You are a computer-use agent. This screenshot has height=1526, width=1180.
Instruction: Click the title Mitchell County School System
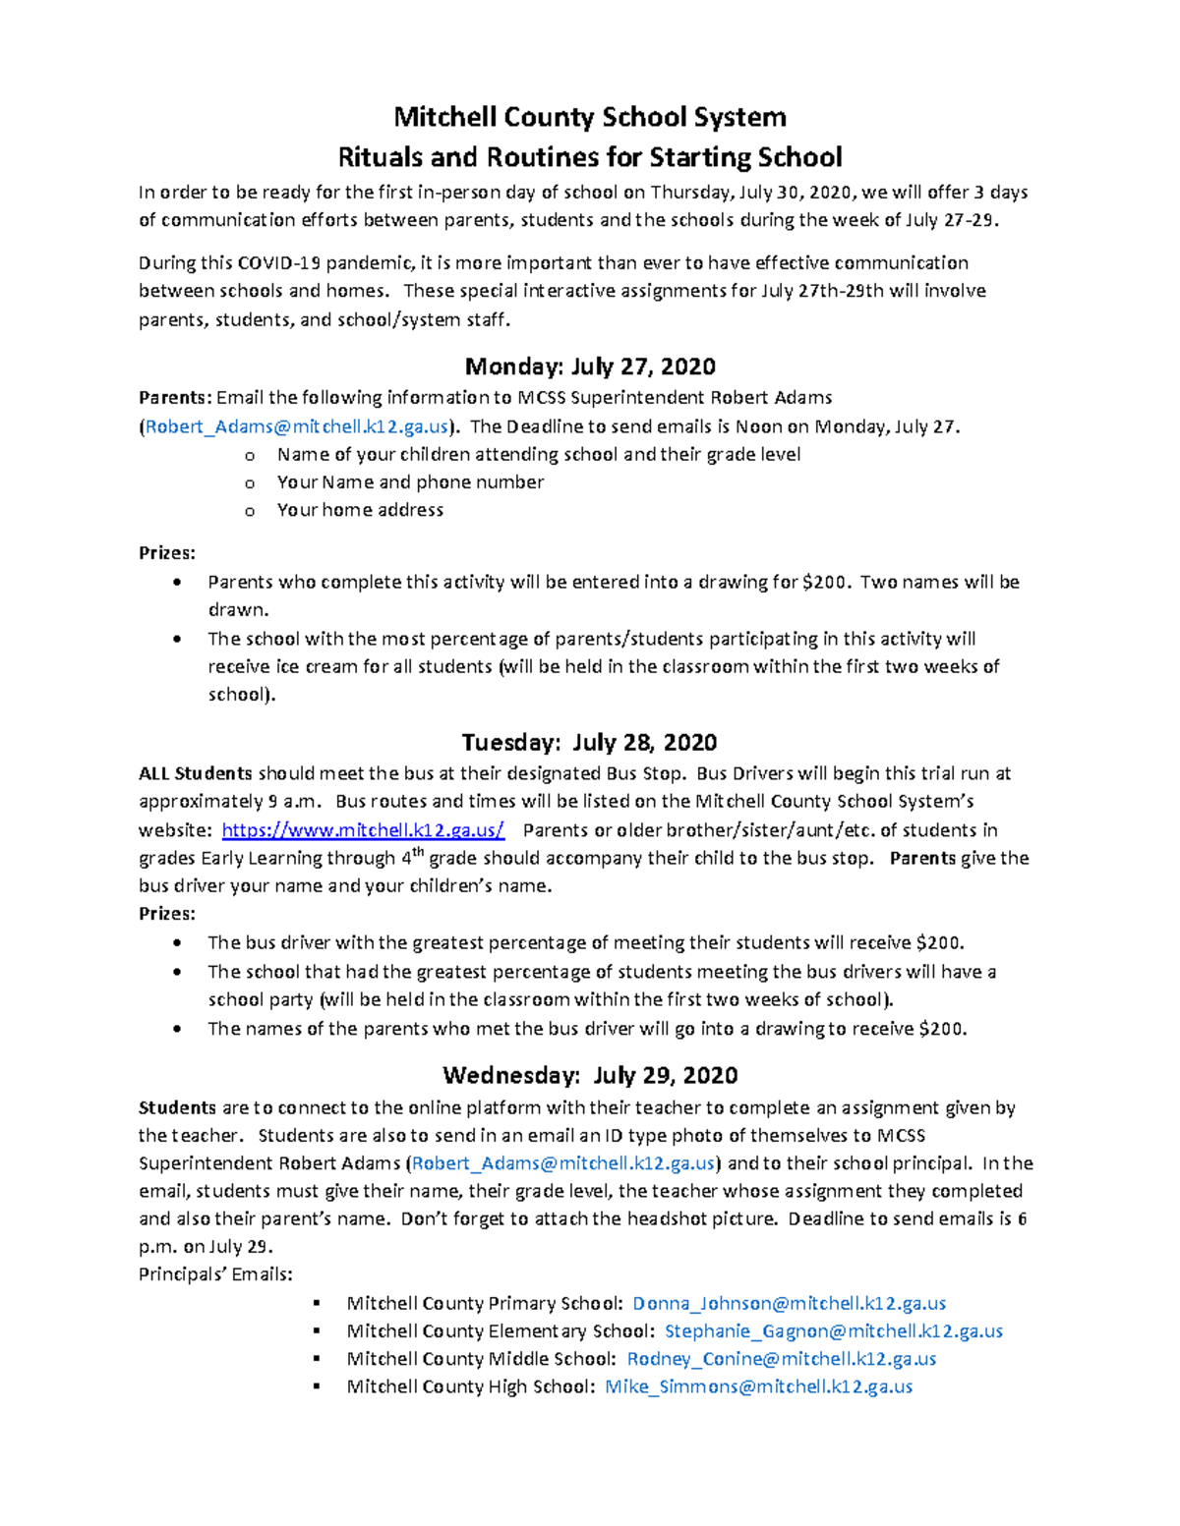(x=590, y=117)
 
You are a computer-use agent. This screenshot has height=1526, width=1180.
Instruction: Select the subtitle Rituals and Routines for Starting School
(x=590, y=157)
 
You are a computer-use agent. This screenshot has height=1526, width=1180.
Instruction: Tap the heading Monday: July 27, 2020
(x=590, y=367)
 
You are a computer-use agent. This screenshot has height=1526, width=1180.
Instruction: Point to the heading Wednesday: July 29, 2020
(x=590, y=1075)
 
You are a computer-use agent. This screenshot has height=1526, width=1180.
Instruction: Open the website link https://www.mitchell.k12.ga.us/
(x=363, y=830)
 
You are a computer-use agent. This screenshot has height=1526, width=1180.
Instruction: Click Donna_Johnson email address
(x=789, y=1303)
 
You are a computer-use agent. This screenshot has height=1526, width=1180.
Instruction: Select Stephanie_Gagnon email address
(x=834, y=1331)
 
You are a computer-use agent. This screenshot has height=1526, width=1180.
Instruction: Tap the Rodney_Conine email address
(x=781, y=1359)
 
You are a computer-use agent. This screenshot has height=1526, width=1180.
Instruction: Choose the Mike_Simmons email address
(x=758, y=1386)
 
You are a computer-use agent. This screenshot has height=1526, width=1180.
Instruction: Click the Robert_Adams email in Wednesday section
(x=563, y=1163)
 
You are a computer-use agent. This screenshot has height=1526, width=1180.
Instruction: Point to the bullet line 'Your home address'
(x=360, y=510)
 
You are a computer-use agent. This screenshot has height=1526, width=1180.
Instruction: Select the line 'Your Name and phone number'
(x=410, y=482)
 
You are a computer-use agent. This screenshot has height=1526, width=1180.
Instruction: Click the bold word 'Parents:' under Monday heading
(x=175, y=398)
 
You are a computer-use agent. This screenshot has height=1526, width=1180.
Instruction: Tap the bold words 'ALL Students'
(x=196, y=773)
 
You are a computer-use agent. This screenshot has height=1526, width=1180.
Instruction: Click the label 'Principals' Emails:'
(x=215, y=1274)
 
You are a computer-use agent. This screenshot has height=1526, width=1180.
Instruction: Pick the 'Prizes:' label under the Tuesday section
(x=167, y=914)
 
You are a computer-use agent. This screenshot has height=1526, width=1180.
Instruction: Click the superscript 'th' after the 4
(x=418, y=852)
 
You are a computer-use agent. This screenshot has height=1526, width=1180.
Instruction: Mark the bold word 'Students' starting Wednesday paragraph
(x=177, y=1107)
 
